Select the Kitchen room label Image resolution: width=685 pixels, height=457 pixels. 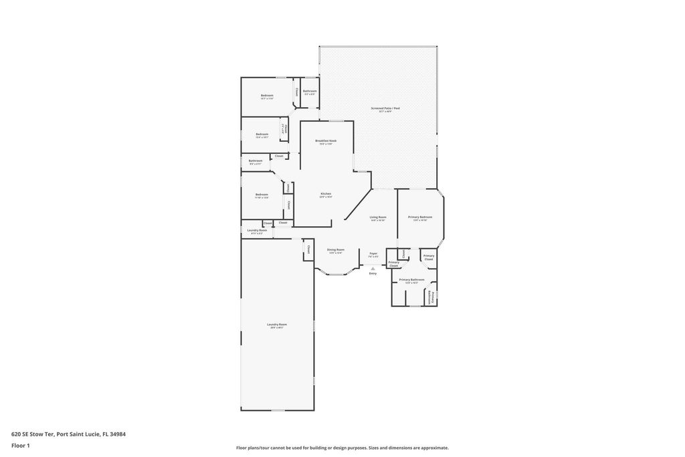tap(326, 195)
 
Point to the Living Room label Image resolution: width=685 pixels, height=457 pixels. tap(378, 218)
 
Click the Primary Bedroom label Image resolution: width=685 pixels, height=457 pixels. tap(420, 218)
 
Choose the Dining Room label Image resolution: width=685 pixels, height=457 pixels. tap(336, 251)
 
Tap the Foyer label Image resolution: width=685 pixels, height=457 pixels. tap(373, 254)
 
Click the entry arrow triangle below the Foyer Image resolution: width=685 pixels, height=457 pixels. tap(373, 268)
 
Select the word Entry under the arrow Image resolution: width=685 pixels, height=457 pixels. tap(373, 274)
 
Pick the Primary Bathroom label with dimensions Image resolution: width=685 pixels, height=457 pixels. tap(412, 280)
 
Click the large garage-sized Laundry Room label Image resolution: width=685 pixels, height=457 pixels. tap(277, 326)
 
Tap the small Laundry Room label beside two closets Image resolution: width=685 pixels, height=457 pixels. tap(257, 232)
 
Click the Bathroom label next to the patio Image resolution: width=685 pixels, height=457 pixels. tap(310, 92)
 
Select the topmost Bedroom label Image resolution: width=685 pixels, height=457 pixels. tap(267, 96)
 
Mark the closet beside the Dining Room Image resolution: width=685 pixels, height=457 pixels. tap(308, 250)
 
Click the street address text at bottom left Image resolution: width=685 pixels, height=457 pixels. tap(68, 434)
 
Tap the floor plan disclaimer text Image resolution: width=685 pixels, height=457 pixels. tap(342, 448)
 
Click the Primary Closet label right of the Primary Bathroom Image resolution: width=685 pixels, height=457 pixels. tap(429, 257)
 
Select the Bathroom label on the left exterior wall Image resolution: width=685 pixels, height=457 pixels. tap(256, 161)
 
